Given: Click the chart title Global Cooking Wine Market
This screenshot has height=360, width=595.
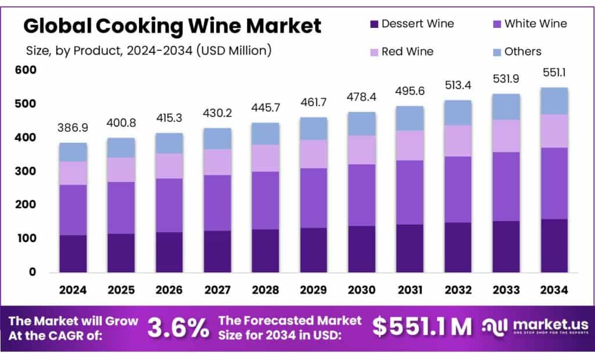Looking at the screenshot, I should [x=172, y=26].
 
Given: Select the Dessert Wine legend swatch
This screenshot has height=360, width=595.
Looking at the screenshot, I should [x=374, y=24].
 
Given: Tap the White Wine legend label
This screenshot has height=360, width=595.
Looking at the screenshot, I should [x=535, y=24].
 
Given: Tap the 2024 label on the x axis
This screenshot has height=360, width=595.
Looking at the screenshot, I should [x=73, y=289].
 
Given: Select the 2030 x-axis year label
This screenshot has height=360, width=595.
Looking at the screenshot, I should [x=361, y=289].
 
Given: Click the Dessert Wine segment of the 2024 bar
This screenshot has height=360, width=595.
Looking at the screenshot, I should [x=73, y=253].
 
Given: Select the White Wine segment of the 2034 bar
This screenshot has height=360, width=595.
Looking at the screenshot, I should [x=553, y=183].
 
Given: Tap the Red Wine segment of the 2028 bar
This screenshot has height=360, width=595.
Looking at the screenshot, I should [x=265, y=158].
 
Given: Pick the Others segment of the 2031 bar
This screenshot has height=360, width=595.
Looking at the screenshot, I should [x=409, y=118].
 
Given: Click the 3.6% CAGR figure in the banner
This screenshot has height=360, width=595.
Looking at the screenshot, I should [x=178, y=328].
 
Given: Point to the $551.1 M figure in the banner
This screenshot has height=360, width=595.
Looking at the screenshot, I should [x=422, y=327].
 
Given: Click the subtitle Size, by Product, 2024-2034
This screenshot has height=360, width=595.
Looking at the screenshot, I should [x=149, y=51].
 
